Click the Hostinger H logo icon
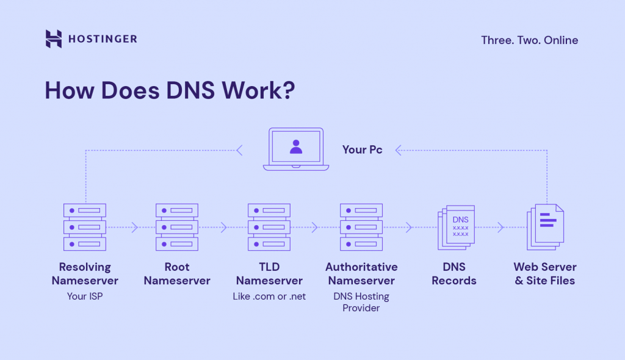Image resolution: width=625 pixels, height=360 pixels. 54,38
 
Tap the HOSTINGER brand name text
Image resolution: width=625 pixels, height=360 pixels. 103,39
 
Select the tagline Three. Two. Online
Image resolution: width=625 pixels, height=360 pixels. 529,40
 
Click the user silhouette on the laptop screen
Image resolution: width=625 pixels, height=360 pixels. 296,146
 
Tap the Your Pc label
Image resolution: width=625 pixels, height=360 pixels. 363,149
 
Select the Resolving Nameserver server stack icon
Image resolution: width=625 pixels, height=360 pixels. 85,227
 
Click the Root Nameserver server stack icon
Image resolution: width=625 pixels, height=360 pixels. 177,227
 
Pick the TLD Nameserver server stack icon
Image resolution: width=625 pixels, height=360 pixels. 269,227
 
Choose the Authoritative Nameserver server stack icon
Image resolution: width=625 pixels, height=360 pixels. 361,227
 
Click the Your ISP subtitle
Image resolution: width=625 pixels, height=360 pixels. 85,297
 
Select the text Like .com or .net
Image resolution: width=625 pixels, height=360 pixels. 269,297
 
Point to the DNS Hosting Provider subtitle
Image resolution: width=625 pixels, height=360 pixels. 361,302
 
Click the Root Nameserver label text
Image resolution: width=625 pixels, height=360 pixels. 177,274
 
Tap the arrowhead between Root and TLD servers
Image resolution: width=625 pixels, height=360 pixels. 224,228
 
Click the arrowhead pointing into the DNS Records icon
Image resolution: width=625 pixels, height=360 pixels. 409,228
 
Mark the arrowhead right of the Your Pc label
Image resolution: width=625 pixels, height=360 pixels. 398,149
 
